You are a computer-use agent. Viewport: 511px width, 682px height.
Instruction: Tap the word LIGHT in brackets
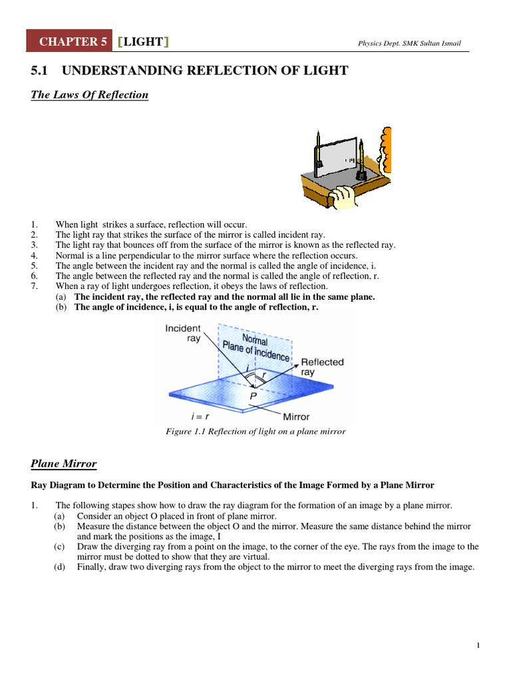143,42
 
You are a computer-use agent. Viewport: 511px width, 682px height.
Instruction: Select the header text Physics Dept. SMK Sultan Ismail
409,44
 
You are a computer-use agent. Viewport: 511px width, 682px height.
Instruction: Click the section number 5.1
41,71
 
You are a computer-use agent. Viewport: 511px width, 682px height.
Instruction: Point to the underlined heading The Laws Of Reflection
90,95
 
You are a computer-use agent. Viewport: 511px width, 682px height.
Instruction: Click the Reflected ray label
322,367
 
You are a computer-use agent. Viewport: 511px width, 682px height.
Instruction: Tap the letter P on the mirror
252,395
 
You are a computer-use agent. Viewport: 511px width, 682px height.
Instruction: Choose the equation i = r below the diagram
200,416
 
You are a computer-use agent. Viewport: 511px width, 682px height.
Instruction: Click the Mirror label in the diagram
296,417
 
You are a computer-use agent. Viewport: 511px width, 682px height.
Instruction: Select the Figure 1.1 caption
255,432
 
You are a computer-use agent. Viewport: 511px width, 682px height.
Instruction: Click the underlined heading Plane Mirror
64,464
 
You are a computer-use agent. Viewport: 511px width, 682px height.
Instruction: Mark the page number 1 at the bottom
478,645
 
